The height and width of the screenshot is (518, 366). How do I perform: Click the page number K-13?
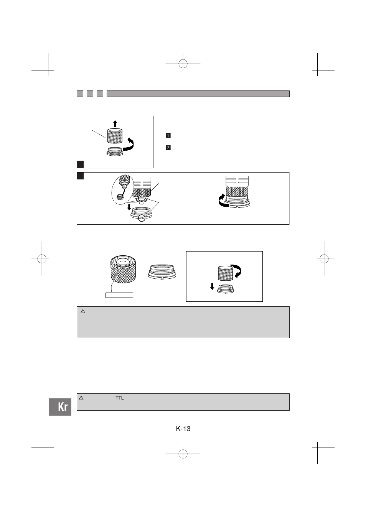183,429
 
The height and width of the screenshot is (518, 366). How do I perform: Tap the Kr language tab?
60,407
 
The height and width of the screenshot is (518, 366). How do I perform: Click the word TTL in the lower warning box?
120,398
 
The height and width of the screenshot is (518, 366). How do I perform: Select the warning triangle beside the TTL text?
81,398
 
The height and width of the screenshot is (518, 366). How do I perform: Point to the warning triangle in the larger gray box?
83,311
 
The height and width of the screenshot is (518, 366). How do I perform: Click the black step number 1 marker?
168,135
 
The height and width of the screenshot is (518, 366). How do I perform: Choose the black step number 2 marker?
168,148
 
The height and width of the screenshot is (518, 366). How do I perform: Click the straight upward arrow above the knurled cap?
115,124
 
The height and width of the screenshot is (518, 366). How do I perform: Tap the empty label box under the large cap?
119,295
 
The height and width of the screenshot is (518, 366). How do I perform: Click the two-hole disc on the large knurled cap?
123,262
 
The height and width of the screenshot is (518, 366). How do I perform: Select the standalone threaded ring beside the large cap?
162,272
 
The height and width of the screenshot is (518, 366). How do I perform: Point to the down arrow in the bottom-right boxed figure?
212,286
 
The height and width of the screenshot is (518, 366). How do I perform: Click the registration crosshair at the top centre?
183,64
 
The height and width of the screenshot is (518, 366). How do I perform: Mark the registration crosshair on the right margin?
324,258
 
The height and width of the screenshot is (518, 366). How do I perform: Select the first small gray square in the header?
80,94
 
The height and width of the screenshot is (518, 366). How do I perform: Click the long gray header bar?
198,94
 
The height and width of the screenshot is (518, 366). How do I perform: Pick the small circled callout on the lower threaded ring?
141,218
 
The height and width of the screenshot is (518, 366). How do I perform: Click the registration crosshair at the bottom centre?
183,454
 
